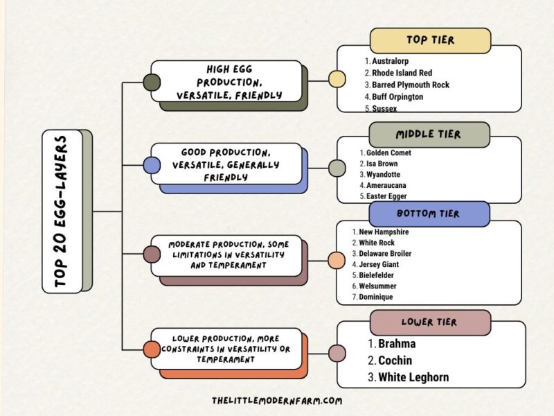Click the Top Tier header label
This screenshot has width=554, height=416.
pos(430,40)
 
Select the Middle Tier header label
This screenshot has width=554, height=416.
pos(429,135)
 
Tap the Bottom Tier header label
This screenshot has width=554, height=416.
pos(429,214)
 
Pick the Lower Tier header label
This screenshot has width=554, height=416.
pos(429,322)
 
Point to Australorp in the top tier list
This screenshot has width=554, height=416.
pos(393,61)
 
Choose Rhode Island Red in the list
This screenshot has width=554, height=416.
pos(402,73)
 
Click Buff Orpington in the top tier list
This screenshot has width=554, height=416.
pos(397,97)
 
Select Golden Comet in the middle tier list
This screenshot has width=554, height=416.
pos(388,153)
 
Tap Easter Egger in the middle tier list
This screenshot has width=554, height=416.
pos(387,197)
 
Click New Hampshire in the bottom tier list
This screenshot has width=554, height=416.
pos(384,232)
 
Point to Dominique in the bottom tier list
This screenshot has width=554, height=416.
pos(376,297)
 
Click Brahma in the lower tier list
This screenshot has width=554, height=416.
pos(397,343)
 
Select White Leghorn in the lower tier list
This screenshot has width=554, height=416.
pos(413,378)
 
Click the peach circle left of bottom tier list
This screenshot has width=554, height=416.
pos(337,261)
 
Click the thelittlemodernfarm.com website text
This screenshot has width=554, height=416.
pos(277,401)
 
